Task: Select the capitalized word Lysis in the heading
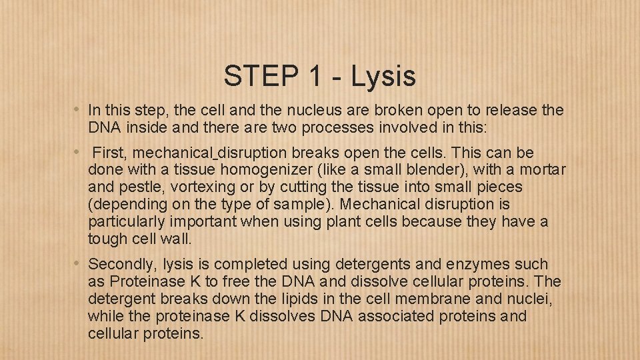click(x=383, y=77)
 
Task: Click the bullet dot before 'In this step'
click(x=77, y=109)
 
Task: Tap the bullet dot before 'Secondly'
click(x=77, y=263)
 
